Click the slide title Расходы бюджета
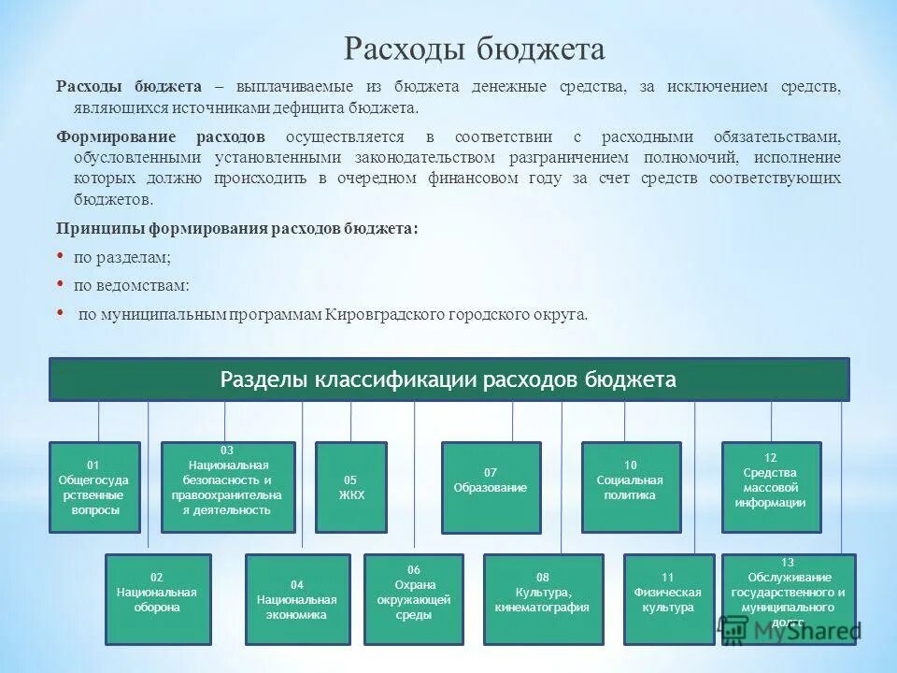click(x=475, y=48)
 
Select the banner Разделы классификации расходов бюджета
click(x=448, y=379)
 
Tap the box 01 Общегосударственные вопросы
click(x=93, y=487)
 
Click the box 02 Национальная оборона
click(x=158, y=599)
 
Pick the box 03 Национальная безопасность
click(x=227, y=487)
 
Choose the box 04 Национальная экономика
click(x=297, y=599)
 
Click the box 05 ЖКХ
click(x=351, y=487)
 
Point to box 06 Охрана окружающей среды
click(x=413, y=599)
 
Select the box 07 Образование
click(x=491, y=487)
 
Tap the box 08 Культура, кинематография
click(x=543, y=599)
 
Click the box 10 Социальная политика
click(x=630, y=487)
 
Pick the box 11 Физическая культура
click(x=668, y=599)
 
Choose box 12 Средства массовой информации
click(x=772, y=487)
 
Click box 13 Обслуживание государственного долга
click(x=789, y=599)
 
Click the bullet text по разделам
click(x=122, y=257)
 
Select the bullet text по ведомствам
click(x=132, y=286)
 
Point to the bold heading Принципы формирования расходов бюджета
click(x=237, y=228)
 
